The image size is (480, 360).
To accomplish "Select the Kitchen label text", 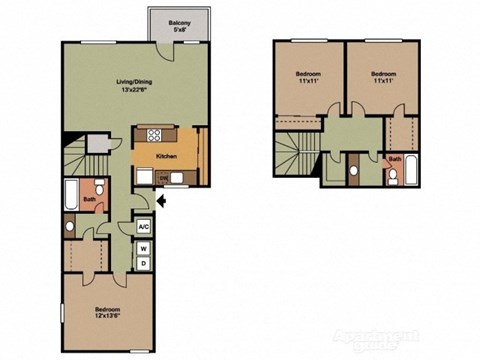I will (x=166, y=156).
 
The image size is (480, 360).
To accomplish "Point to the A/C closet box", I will (x=143, y=227).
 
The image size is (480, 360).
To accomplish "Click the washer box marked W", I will (x=143, y=248).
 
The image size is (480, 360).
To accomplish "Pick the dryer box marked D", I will (x=143, y=264).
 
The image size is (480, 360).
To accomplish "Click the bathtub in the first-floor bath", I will (x=70, y=192).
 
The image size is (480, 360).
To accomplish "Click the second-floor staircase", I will (x=296, y=156).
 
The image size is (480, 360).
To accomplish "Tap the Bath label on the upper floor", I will (x=395, y=159).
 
